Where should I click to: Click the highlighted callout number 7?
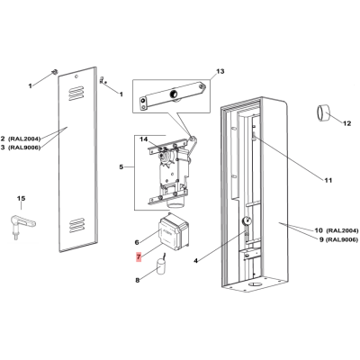[x=139, y=256]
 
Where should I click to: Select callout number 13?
[x=220, y=71]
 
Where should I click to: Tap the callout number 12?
[x=347, y=123]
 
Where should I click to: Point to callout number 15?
[x=21, y=198]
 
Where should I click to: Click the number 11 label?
[x=328, y=180]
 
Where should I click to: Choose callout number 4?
[x=195, y=261]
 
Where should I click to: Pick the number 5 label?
[x=121, y=166]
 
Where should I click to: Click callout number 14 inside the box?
[x=144, y=139]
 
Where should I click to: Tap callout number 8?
[x=138, y=281]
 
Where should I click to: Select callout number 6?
[x=137, y=242]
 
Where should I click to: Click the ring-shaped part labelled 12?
[x=323, y=112]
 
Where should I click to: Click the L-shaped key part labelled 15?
[x=23, y=223]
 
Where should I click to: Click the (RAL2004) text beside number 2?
[x=24, y=139]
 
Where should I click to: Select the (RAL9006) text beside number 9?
[x=342, y=240]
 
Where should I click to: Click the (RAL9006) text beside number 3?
[x=24, y=148]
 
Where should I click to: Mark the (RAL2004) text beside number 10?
[x=342, y=230]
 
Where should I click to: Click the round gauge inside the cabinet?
[x=247, y=221]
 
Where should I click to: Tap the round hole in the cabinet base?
[x=256, y=284]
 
